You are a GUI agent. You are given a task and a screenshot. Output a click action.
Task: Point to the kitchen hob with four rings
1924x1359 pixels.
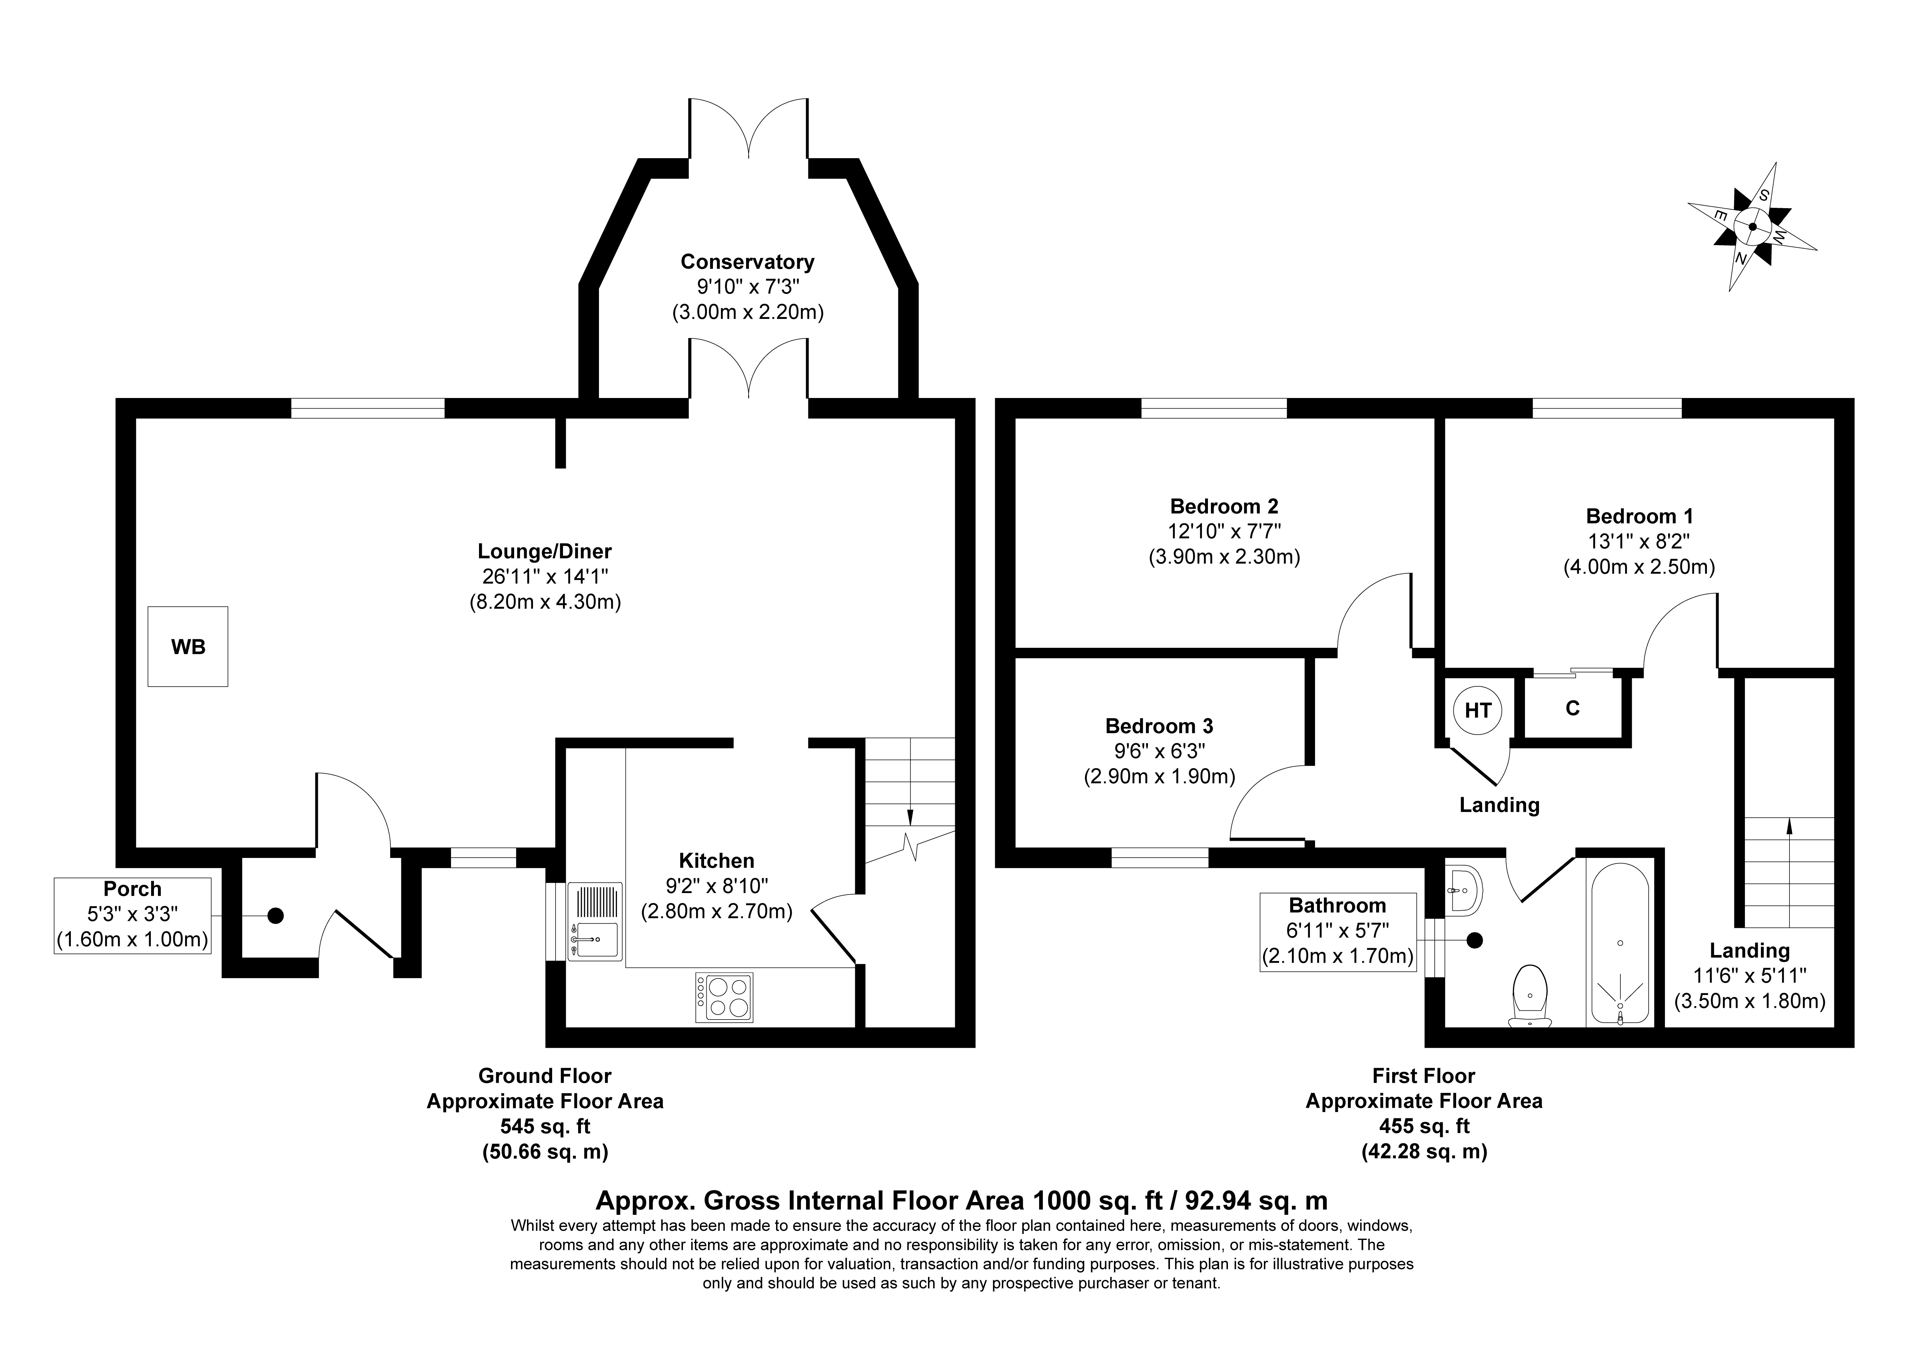[x=724, y=997]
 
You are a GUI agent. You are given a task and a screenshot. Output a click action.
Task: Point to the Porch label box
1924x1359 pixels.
[x=133, y=915]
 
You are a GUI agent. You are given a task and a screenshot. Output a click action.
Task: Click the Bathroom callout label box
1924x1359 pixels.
[x=1337, y=932]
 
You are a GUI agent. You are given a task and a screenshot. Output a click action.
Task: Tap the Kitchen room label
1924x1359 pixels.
[x=716, y=861]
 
